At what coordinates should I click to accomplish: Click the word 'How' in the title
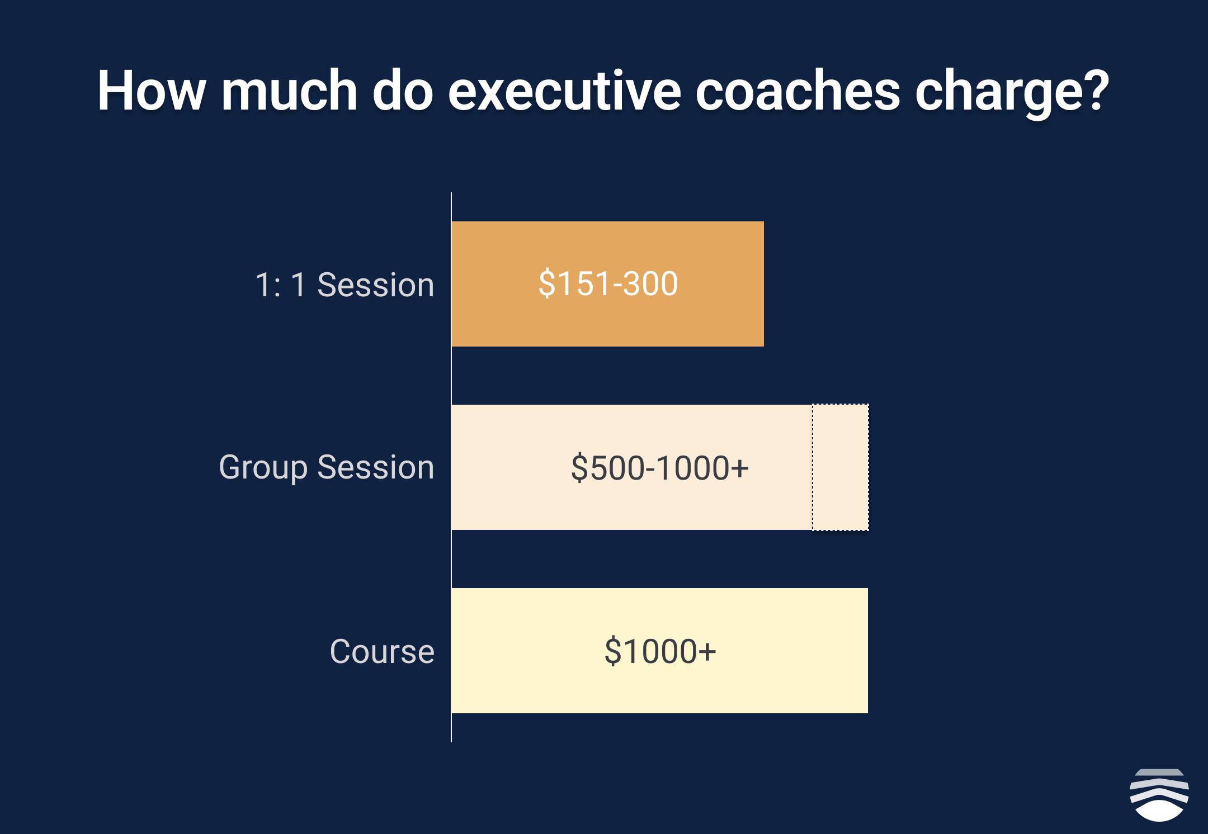pos(152,91)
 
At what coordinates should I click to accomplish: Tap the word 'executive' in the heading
pos(564,91)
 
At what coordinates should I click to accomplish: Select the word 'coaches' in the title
pos(798,91)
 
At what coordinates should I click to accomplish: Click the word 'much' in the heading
pos(289,91)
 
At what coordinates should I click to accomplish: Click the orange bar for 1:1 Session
pos(607,284)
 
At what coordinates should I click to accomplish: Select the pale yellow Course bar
pos(660,651)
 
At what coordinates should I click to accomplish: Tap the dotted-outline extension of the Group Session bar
pos(841,467)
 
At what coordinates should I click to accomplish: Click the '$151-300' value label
pos(608,283)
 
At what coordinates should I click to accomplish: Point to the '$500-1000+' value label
pos(659,468)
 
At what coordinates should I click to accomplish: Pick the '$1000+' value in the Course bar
pos(660,651)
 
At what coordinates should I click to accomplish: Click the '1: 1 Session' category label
pos(345,285)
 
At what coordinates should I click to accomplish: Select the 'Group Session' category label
pos(327,468)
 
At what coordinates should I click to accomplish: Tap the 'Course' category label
pos(382,651)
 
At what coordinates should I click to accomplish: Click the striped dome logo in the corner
pos(1159,795)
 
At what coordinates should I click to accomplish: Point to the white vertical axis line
pos(451,467)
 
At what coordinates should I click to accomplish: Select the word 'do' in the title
pos(403,91)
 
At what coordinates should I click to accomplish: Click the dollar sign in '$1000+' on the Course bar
pos(612,651)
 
